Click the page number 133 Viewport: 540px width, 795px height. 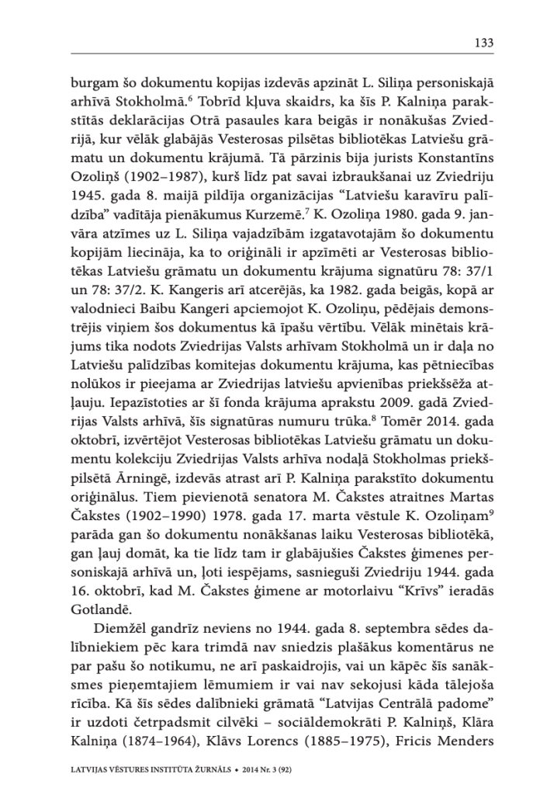[x=483, y=43]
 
